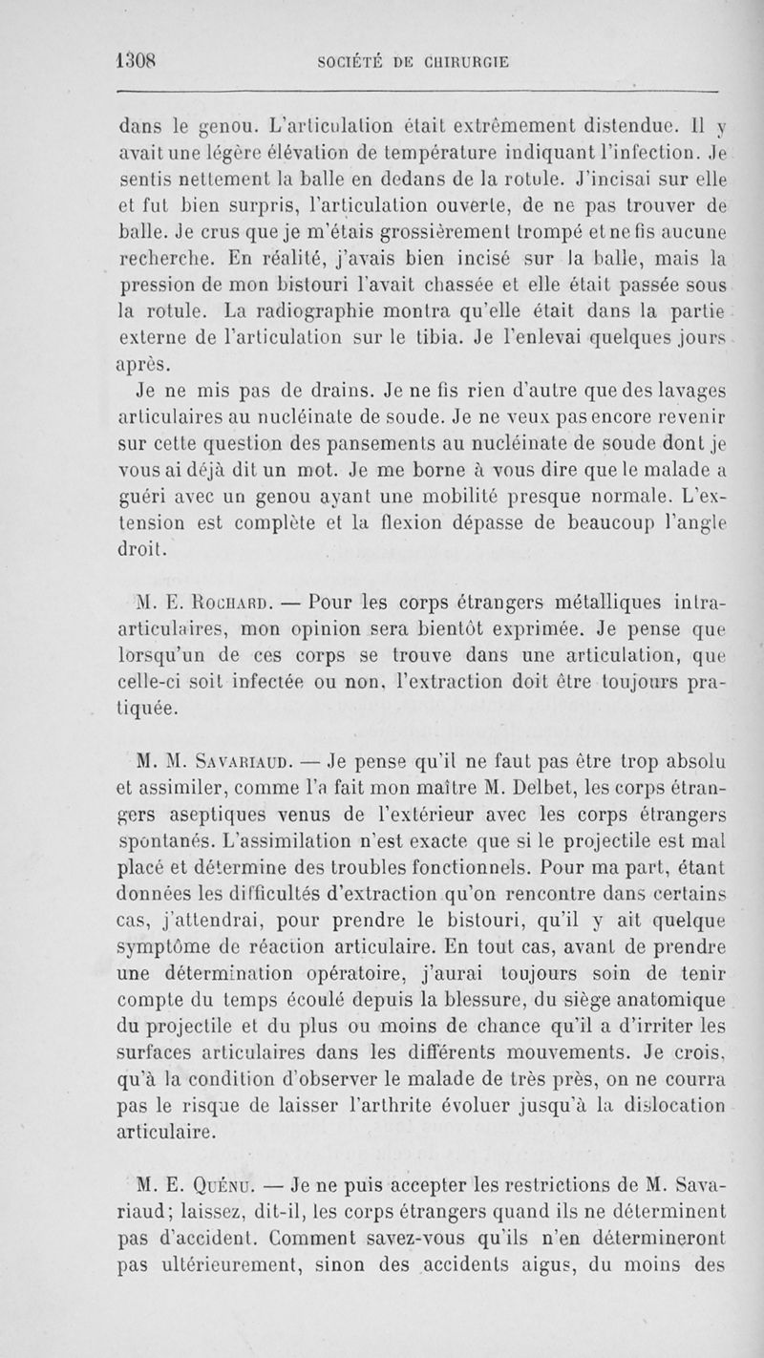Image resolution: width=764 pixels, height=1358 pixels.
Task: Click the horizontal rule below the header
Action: pos(416,91)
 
